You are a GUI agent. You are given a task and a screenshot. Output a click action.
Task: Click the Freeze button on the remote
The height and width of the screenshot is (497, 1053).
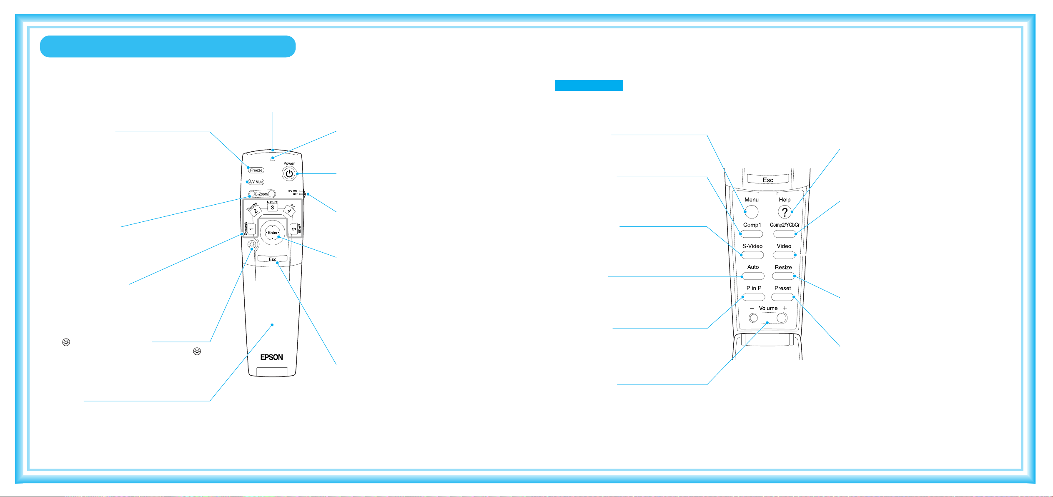coord(256,170)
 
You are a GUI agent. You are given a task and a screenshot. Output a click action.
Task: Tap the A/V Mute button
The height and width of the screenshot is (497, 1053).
coord(256,182)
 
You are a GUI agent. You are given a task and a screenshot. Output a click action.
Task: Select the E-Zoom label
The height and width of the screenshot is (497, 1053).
coord(261,194)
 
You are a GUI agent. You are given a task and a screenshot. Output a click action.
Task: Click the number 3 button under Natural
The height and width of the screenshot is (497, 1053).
coord(272,208)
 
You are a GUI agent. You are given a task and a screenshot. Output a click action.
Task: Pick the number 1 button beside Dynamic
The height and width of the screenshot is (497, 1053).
coord(251,229)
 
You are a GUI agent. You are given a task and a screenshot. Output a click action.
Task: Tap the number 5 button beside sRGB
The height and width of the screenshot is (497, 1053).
coord(294,229)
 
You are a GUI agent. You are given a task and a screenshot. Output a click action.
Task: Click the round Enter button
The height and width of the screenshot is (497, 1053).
coord(273,233)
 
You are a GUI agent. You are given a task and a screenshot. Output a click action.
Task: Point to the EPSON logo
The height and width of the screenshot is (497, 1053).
coord(271,357)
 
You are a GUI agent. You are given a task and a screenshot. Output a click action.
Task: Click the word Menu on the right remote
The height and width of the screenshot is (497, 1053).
coord(752,200)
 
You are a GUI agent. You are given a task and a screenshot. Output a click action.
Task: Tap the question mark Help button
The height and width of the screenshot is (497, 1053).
coord(785,212)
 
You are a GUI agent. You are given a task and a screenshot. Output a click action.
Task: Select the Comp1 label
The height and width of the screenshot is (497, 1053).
coord(752,225)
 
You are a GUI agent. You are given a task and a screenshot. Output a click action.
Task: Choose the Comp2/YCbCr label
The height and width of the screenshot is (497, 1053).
coord(785,225)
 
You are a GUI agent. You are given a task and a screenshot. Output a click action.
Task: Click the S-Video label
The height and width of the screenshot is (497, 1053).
coord(752,246)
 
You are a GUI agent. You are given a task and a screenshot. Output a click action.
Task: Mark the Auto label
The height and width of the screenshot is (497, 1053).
coord(753,267)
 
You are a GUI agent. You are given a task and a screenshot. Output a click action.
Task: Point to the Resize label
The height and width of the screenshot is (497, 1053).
coord(783,267)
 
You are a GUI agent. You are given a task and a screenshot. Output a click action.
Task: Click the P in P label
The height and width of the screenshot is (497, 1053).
coord(754,288)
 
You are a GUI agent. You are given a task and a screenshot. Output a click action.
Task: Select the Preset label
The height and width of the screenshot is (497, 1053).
coord(782,288)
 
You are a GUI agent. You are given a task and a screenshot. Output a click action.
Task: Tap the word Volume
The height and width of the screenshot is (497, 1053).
coord(768,308)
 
